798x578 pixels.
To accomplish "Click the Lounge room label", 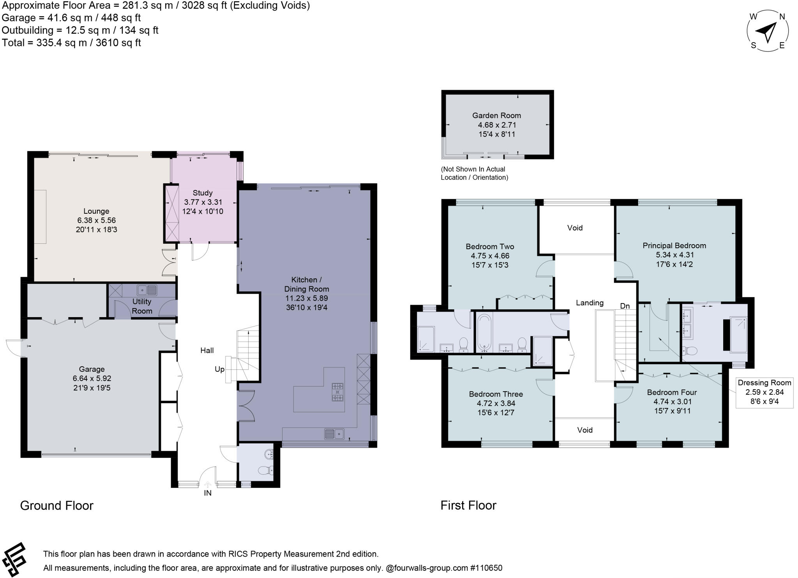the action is (96, 211).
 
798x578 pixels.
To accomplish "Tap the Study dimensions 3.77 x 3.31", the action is (203, 202).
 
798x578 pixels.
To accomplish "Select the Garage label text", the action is (92, 369).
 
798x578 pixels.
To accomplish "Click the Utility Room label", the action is (142, 306).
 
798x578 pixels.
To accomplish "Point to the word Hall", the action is (207, 350).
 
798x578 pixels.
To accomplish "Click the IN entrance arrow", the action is (208, 485).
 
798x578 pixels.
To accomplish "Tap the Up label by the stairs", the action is (219, 369).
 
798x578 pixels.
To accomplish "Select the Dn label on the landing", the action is (625, 306).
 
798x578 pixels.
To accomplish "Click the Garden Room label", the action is (496, 115).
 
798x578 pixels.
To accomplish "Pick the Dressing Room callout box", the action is (764, 392).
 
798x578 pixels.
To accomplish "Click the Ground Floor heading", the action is (57, 505).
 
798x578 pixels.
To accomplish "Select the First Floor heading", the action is (468, 505).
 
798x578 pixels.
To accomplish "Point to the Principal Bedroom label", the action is (674, 245).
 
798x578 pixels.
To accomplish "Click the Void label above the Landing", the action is (575, 228).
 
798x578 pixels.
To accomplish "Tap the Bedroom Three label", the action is (496, 394).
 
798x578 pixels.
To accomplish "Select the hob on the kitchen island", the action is (337, 392).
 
